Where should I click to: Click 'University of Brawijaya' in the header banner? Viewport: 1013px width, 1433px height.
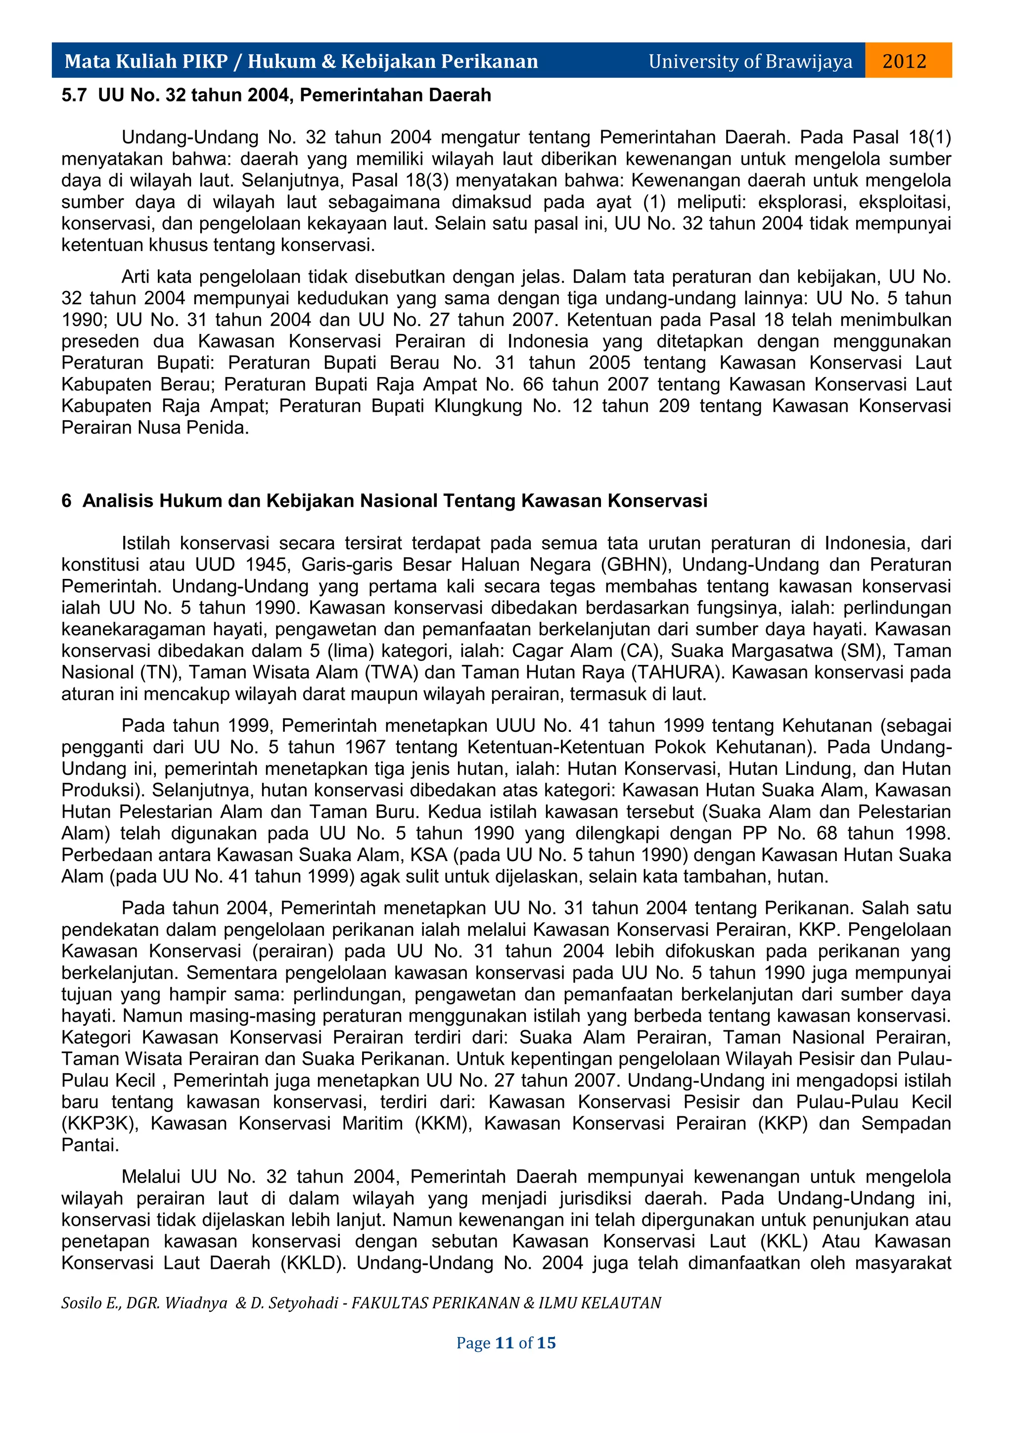pyautogui.click(x=750, y=61)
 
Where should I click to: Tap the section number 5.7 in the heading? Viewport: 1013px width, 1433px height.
pyautogui.click(x=74, y=95)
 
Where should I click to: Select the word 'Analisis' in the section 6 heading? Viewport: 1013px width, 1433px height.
pyautogui.click(x=119, y=501)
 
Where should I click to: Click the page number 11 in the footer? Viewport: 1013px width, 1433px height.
pyautogui.click(x=504, y=1342)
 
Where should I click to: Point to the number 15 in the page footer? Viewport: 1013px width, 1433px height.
pyautogui.click(x=547, y=1342)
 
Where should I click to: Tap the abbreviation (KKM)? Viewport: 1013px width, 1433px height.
pyautogui.click(x=444, y=1123)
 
